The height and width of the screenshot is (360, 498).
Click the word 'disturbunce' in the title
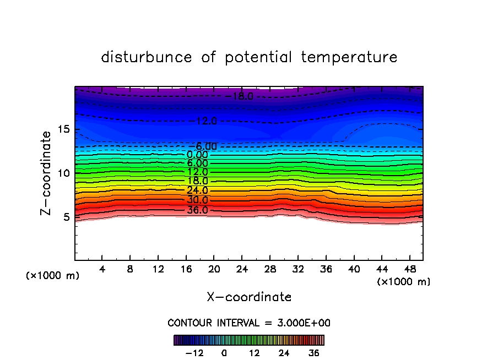(146, 57)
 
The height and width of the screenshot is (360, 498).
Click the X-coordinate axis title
(249, 297)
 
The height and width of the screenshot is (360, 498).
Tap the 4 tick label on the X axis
(102, 269)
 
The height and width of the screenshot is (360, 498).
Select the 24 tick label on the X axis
(242, 269)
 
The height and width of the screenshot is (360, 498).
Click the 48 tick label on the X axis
(409, 269)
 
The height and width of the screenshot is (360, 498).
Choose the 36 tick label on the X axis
(326, 269)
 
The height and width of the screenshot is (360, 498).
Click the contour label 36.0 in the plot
(197, 210)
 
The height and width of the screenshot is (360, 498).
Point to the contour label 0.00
(197, 155)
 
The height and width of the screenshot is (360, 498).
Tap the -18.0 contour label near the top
(241, 96)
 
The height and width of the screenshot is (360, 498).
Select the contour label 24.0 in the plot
(197, 190)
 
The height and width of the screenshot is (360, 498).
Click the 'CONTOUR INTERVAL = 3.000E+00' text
(249, 323)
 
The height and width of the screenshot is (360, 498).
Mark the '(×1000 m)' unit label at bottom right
(404, 281)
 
